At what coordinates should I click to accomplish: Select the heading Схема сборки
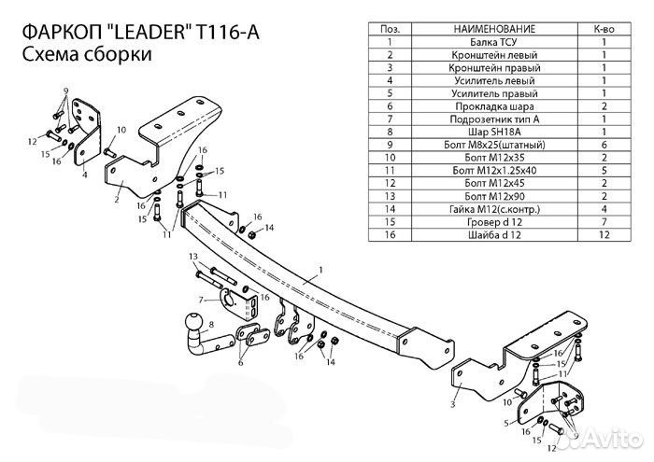tap(84, 54)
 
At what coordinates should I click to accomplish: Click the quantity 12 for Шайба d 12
tap(604, 237)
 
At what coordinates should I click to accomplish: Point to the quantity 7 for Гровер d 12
tap(604, 224)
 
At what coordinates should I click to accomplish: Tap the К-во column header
tap(604, 29)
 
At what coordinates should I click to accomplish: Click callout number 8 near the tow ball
tap(213, 324)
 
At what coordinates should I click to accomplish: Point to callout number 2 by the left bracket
tap(118, 199)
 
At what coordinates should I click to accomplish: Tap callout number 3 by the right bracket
tap(451, 404)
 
